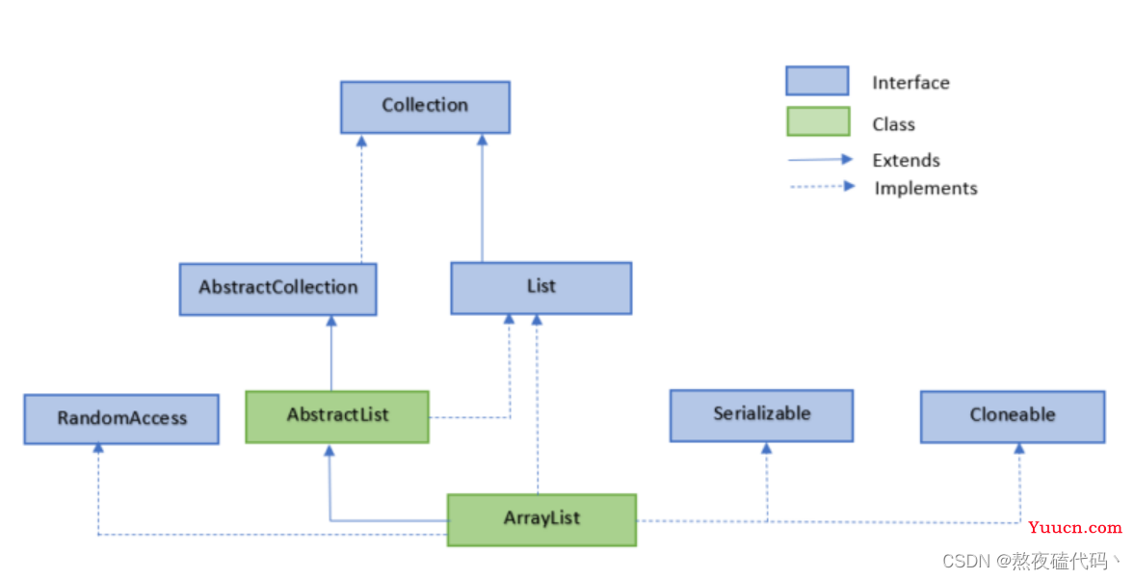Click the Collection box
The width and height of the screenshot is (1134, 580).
pos(425,107)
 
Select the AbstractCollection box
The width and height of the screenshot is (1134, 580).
pos(277,288)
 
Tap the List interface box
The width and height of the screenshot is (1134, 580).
pos(541,287)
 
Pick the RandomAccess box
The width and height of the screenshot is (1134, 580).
pos(121,419)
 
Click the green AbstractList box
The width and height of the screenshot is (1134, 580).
pos(337,416)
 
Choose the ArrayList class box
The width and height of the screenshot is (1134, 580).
pos(541,519)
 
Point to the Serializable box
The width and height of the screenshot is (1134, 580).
pos(761,415)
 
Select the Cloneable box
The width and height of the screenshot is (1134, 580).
pos(1012,416)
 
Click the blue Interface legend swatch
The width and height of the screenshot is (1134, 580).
pos(817,81)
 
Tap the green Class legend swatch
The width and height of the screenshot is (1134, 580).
pos(817,122)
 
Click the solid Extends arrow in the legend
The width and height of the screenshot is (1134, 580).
pos(820,160)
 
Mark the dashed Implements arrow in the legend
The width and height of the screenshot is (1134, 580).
pos(820,187)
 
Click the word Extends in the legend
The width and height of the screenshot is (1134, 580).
pos(906,161)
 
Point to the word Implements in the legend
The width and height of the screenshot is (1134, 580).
pos(926,189)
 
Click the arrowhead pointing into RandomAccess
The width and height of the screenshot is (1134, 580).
pos(98,448)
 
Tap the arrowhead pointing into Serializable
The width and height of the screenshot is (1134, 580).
pos(766,447)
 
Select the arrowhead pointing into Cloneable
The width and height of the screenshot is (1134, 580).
pos(1019,448)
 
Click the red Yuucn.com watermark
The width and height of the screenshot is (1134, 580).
pos(1074,528)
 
